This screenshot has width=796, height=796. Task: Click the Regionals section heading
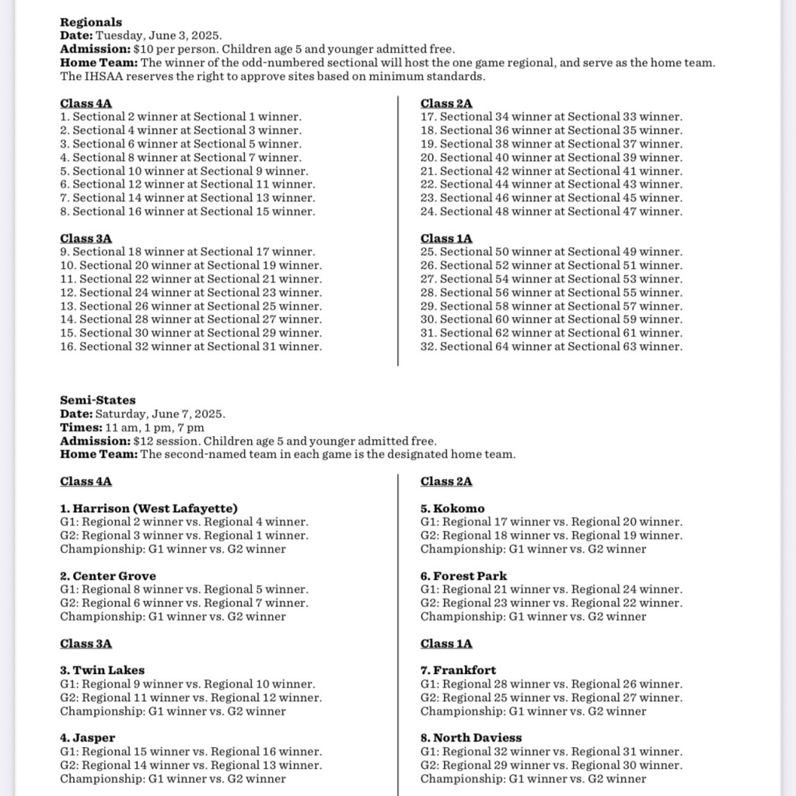(x=91, y=23)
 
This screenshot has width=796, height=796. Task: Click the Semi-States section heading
(x=97, y=400)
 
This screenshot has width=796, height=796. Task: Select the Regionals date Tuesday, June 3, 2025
(x=159, y=36)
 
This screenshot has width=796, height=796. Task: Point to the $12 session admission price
(x=155, y=441)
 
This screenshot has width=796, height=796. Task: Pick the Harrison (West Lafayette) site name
(x=149, y=508)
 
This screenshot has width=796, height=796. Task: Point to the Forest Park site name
(x=464, y=576)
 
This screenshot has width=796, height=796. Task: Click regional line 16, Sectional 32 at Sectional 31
(x=190, y=347)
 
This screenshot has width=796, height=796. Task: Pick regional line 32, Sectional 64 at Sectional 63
(x=551, y=347)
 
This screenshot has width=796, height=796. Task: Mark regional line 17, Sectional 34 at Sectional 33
(x=551, y=117)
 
